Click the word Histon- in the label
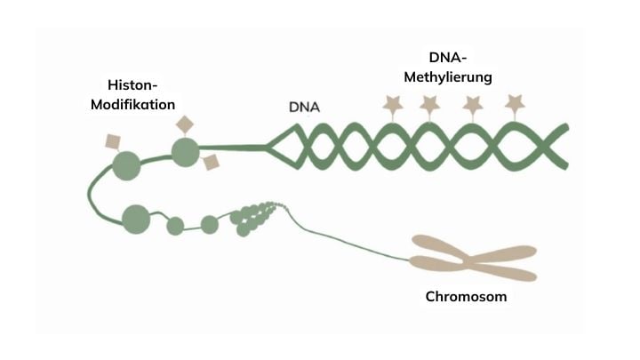(132, 85)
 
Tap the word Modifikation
(132, 105)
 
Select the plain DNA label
(304, 107)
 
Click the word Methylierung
(448, 77)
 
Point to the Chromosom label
(466, 296)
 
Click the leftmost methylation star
(393, 105)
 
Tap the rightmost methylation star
(515, 104)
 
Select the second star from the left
(430, 105)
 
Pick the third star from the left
(473, 106)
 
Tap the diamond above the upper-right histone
(185, 124)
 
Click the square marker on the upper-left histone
(113, 141)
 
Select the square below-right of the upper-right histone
(211, 163)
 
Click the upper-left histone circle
(126, 165)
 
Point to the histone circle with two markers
(185, 152)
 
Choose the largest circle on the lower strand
(136, 220)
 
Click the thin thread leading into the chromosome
(347, 241)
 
